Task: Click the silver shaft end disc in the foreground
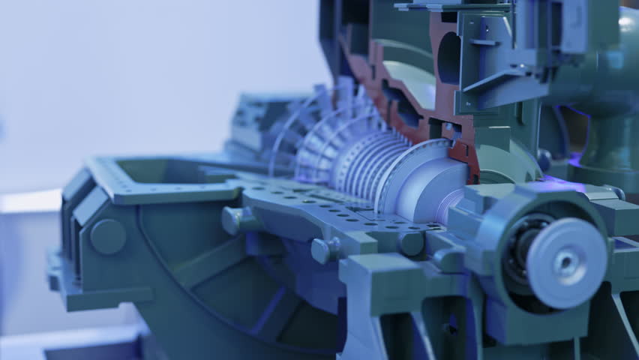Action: [566, 262]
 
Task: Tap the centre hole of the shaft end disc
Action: [566, 262]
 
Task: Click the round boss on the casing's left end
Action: [108, 236]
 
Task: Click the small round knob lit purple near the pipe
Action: [544, 159]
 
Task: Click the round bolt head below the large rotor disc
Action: [412, 243]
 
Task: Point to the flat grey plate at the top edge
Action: [450, 7]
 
